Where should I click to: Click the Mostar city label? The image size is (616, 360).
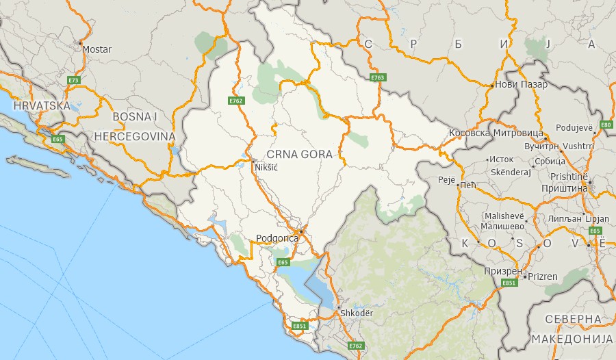pos(97,49)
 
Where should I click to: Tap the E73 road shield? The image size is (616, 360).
pos(74,80)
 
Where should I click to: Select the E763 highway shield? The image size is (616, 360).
pos(376,78)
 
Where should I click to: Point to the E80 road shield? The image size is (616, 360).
pos(606,125)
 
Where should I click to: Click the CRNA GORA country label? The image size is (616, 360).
pos(300,155)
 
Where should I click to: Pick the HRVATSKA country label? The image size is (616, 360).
pos(42,105)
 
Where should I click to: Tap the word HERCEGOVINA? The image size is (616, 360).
pos(136,136)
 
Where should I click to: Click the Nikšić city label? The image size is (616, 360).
pos(267,166)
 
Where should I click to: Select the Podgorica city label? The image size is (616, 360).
pos(277,238)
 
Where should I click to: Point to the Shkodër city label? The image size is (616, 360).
pos(357,313)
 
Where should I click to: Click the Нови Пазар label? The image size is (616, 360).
pos(522,85)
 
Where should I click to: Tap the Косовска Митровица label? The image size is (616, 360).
pos(496,132)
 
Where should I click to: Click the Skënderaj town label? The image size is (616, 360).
pos(511,172)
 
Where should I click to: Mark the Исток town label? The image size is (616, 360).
pos(502,159)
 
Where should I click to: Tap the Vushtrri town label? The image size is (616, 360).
pos(580,146)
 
